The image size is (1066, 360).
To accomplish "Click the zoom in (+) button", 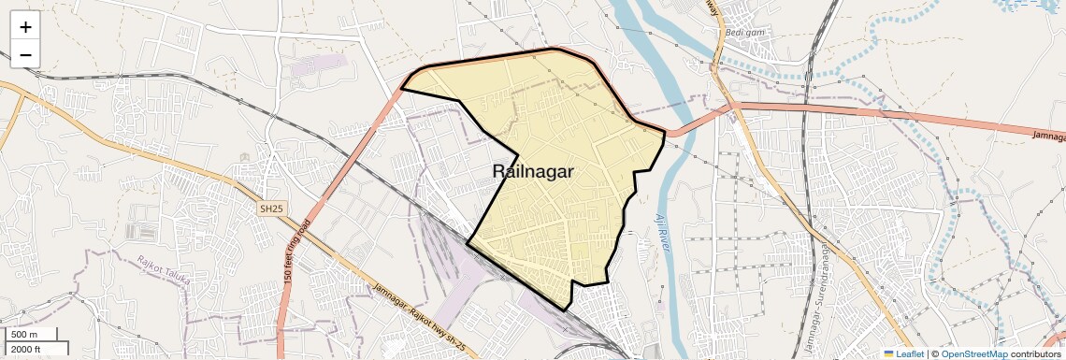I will [25, 26].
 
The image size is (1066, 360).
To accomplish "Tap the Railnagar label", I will [532, 171].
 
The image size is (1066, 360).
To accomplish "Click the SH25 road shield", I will [271, 209].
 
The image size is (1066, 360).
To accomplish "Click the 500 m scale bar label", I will [25, 335].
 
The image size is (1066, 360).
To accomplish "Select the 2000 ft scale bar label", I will [27, 349].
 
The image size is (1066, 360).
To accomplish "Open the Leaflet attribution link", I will [909, 353].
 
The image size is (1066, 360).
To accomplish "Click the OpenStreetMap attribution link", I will [974, 353].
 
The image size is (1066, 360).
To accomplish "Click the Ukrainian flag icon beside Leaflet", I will [889, 353].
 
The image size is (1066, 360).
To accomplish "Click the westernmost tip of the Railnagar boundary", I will [401, 89].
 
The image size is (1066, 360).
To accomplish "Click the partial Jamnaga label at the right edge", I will [1048, 136].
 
